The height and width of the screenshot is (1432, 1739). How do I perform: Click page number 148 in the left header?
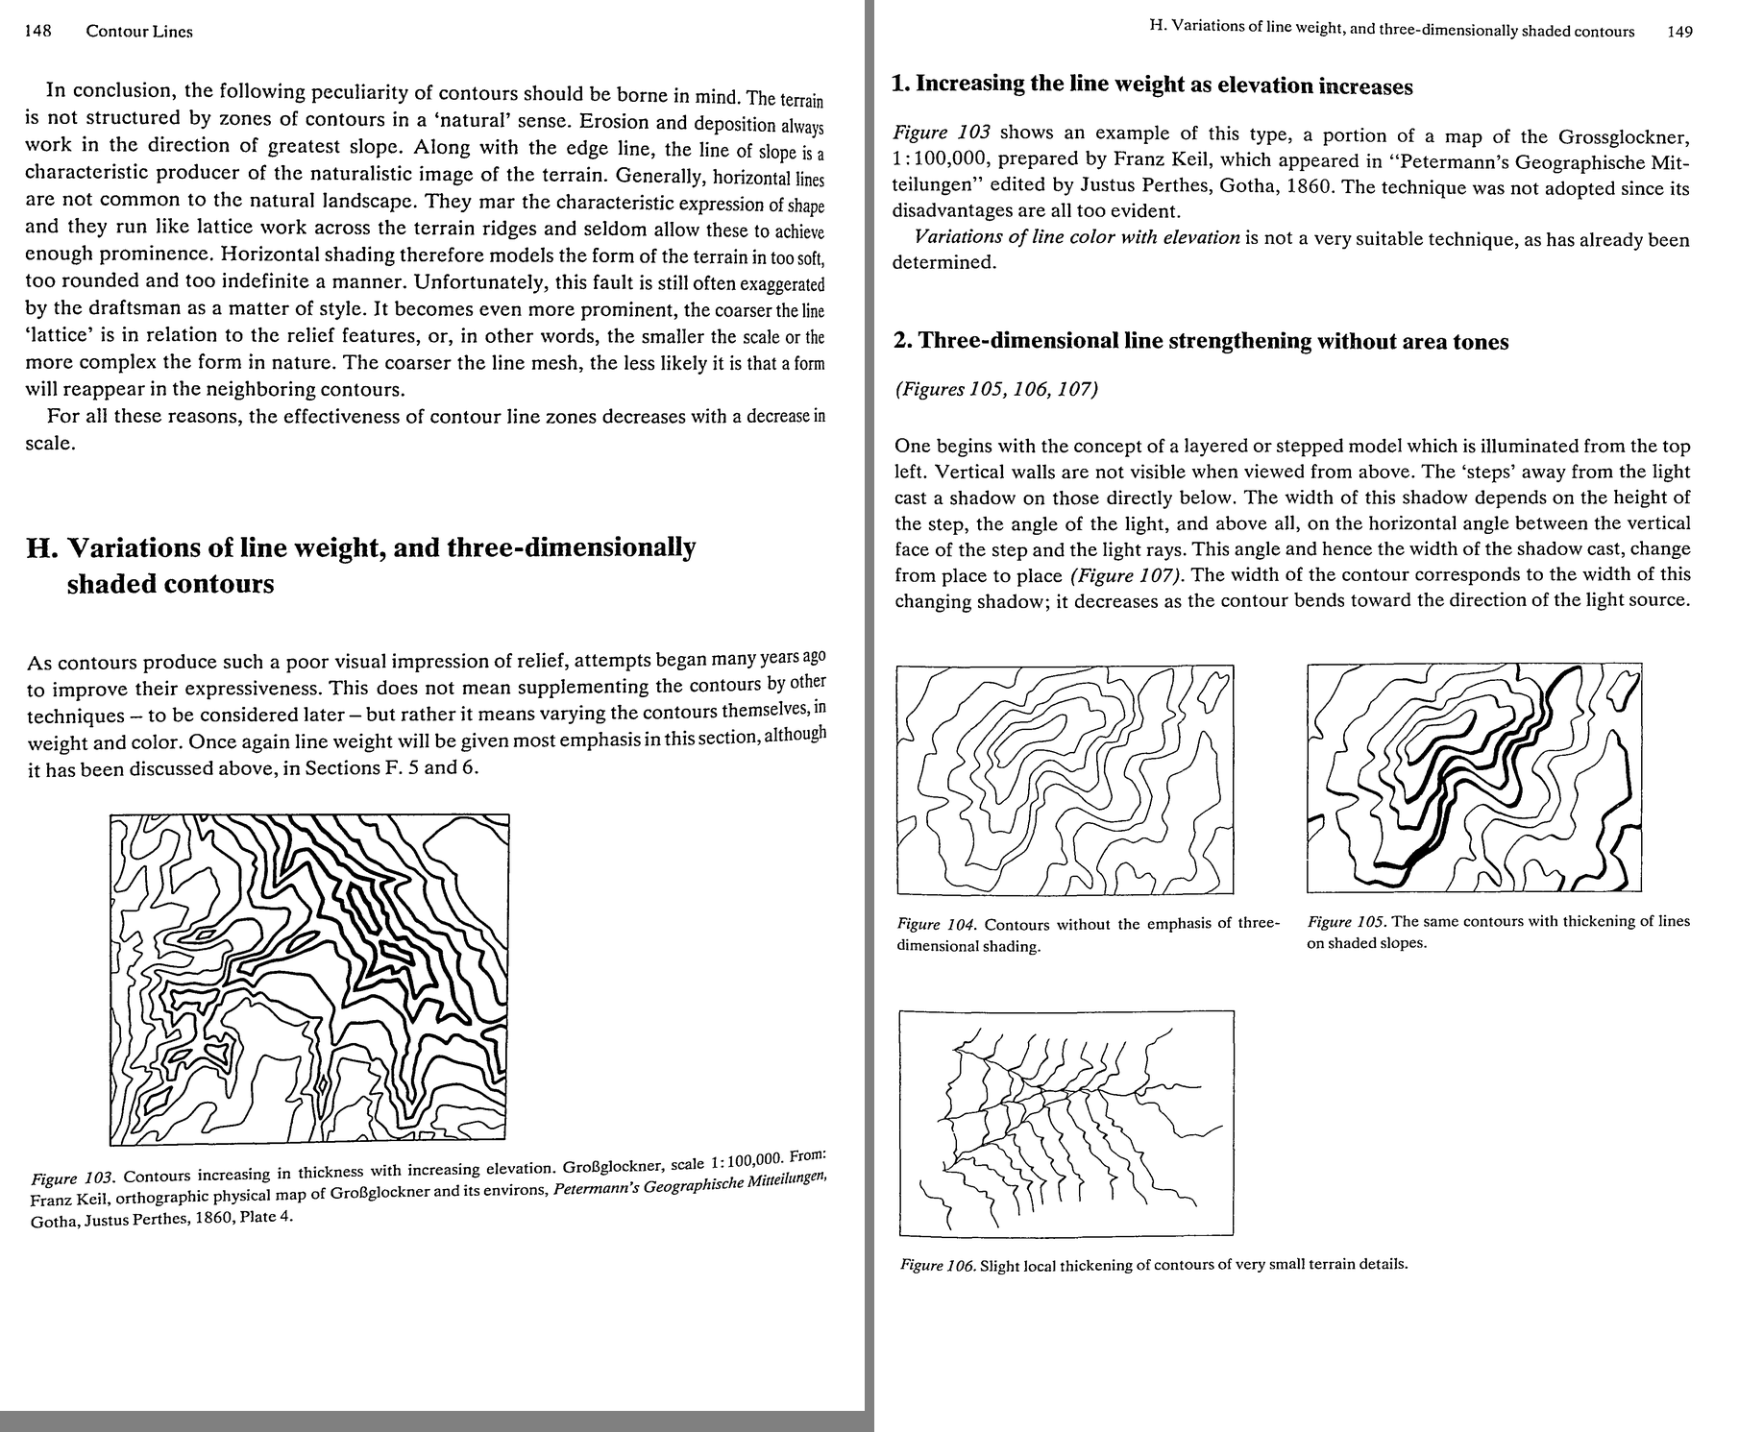(37, 31)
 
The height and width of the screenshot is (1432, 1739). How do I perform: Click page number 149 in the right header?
(1680, 32)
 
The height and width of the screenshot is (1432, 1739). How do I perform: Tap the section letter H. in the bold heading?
(40, 548)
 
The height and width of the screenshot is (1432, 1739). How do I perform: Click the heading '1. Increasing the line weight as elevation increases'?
(1152, 85)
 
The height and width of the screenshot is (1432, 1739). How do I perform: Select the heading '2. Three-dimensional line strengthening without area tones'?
(1201, 342)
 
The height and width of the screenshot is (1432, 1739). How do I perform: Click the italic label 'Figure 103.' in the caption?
(74, 1178)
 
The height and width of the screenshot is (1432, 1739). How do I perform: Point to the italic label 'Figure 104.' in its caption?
(937, 925)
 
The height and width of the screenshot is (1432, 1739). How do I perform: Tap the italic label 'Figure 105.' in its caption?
(1346, 922)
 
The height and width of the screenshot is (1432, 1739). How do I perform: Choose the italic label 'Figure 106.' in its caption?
(938, 1265)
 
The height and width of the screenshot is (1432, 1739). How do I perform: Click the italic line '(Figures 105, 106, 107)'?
(995, 390)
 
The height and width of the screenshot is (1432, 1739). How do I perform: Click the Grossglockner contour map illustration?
(309, 981)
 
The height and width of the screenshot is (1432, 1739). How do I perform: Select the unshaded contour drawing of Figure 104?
(1065, 779)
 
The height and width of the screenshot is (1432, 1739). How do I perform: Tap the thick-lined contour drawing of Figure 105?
(1474, 777)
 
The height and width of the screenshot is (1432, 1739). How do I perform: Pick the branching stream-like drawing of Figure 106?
(1066, 1123)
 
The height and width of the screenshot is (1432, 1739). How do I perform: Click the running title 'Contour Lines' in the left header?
(139, 31)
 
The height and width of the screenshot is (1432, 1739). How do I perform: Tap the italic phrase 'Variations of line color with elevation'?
(1077, 237)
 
